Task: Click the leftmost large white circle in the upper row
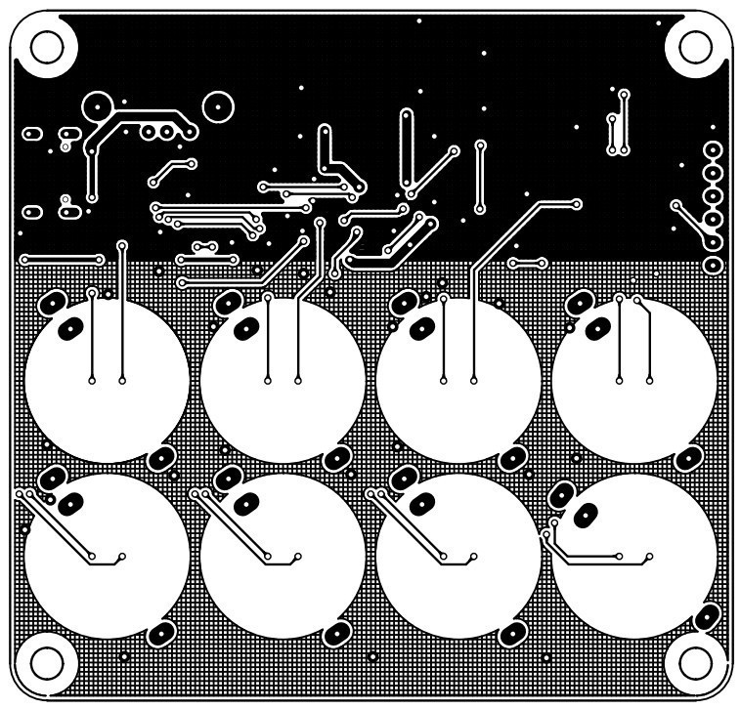(x=107, y=381)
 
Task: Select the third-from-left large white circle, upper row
(x=458, y=381)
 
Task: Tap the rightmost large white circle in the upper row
(x=633, y=381)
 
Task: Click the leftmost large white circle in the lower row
(x=107, y=557)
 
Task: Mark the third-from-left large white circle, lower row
(x=458, y=557)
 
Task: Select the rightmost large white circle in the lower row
(x=633, y=557)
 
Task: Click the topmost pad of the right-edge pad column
(x=713, y=150)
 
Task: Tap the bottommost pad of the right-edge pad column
(x=713, y=265)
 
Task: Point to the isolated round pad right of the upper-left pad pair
(x=217, y=104)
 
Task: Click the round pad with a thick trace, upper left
(x=99, y=104)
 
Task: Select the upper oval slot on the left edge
(x=32, y=133)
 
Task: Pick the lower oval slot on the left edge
(x=32, y=210)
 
